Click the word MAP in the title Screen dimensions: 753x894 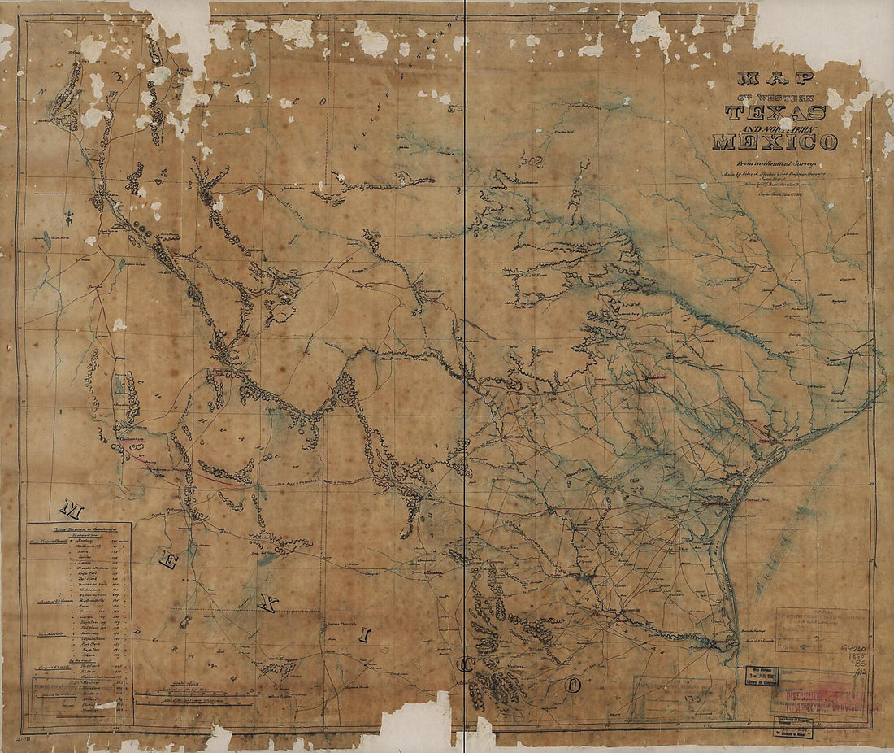tap(775, 79)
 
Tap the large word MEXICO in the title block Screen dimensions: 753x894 tap(775, 142)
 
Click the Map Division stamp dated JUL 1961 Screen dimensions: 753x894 tap(762, 677)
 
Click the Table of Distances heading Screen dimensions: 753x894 tap(78, 529)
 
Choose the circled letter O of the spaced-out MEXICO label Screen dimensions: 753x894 tap(574, 686)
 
